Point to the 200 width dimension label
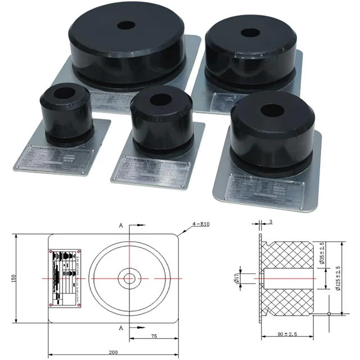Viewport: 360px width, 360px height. click(113, 352)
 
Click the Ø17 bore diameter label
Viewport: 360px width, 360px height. click(237, 278)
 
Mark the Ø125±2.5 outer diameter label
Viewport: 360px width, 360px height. click(338, 277)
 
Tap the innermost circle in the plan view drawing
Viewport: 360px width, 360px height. click(130, 278)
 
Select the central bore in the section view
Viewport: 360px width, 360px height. click(287, 278)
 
